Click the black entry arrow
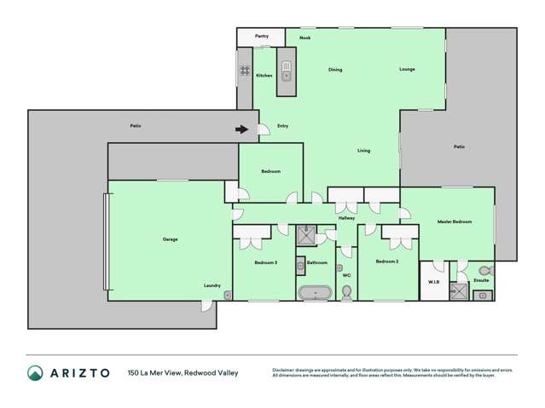[x=243, y=130]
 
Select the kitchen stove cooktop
[x=244, y=71]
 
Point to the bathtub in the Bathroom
[x=315, y=293]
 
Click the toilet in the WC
[x=346, y=292]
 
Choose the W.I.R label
[x=433, y=281]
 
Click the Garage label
[x=170, y=239]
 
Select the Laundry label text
[x=212, y=285]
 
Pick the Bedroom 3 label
[x=265, y=262]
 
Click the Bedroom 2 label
[x=387, y=262]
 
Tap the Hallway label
[x=346, y=218]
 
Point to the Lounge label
[x=407, y=69]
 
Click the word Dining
[x=335, y=70]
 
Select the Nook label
[x=304, y=39]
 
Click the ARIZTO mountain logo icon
[x=35, y=372]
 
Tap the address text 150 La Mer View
[x=157, y=372]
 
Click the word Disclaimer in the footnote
[x=286, y=370]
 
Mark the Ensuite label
[x=480, y=279]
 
